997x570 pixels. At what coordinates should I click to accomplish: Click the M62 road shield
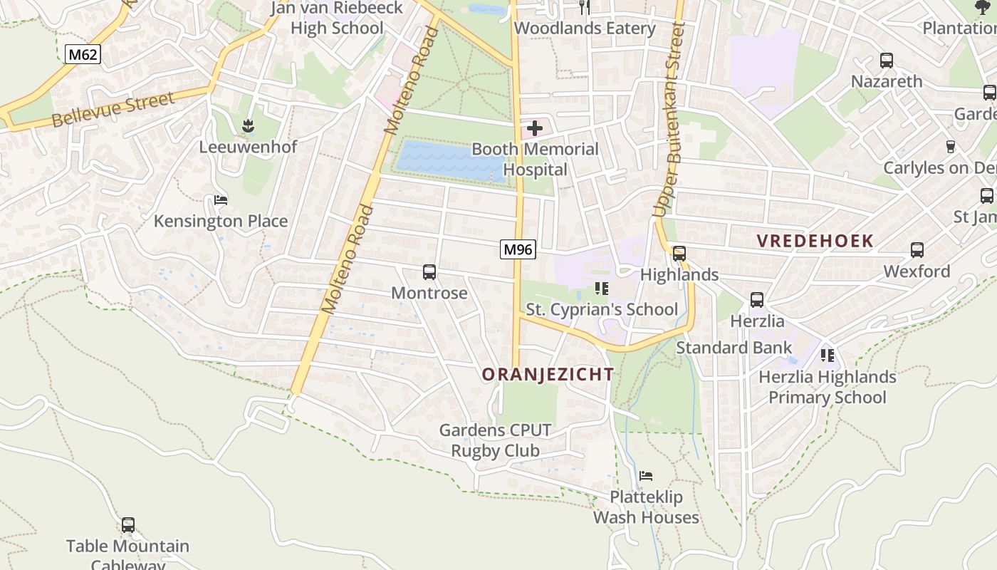tap(83, 53)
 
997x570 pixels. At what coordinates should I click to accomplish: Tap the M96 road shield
tap(518, 249)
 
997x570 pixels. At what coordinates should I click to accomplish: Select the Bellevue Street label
tap(113, 110)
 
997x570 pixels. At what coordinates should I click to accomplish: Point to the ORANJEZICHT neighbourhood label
tap(548, 374)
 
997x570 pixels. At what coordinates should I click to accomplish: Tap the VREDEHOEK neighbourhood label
tap(815, 240)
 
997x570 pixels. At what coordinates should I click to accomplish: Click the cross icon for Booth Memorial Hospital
tap(534, 128)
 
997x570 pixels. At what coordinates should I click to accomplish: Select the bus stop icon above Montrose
tap(429, 271)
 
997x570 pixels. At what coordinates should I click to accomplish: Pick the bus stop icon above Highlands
tap(679, 253)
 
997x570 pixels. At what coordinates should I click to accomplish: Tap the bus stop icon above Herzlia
tap(757, 300)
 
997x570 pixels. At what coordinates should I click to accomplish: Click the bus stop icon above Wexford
tap(917, 250)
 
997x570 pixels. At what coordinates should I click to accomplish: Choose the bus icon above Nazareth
tap(887, 61)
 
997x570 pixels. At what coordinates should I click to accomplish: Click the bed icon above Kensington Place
tap(221, 200)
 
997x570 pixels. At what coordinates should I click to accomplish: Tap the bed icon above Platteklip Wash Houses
tap(646, 475)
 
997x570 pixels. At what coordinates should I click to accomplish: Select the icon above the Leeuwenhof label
tap(248, 126)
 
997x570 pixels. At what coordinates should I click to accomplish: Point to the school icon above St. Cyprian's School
tap(602, 289)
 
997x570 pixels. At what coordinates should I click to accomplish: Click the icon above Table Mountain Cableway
tap(128, 525)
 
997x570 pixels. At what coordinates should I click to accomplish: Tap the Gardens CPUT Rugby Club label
tap(495, 440)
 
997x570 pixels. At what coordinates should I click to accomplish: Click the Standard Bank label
tap(734, 348)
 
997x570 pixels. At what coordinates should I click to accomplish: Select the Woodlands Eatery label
tap(585, 28)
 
